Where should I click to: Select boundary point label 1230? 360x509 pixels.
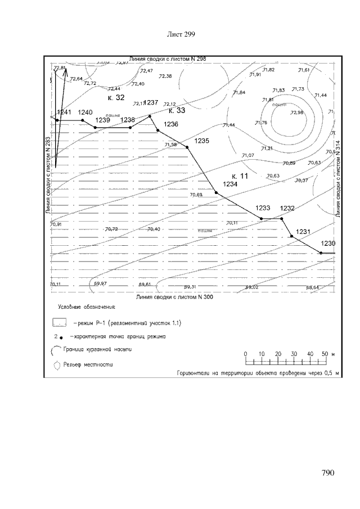[x=328, y=243]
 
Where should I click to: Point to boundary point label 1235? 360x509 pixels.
[x=201, y=141]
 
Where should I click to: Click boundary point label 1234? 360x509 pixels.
[x=231, y=184]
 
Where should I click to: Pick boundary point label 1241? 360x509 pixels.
[x=64, y=112]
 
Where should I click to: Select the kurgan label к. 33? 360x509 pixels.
[x=177, y=110]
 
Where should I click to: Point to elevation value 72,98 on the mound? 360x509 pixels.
[x=296, y=113]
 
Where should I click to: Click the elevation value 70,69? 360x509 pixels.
[x=196, y=195]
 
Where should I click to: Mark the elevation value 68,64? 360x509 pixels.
[x=313, y=287]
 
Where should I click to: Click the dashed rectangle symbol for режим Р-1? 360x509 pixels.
[x=60, y=323]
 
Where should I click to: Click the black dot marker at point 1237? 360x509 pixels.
[x=150, y=116]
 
